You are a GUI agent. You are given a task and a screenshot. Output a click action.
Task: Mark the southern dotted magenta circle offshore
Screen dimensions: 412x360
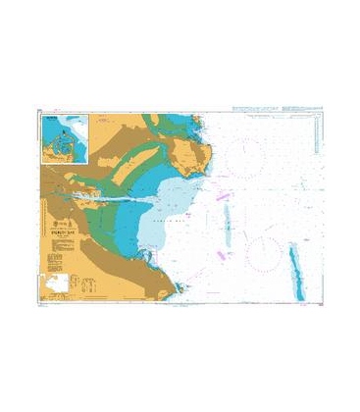(266, 253)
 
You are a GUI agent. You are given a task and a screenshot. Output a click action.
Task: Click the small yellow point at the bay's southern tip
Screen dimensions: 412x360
(179, 287)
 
